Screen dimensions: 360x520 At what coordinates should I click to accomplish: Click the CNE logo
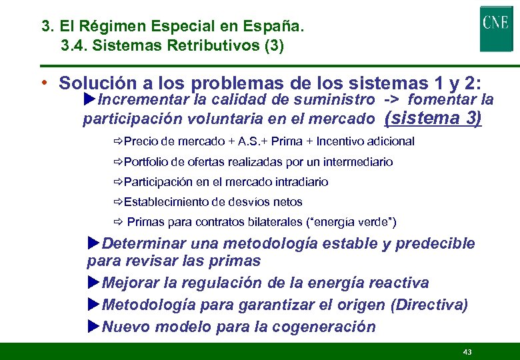tap(496, 29)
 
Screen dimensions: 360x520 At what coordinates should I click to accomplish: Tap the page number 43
tap(467, 351)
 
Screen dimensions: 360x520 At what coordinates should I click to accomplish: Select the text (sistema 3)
tap(433, 119)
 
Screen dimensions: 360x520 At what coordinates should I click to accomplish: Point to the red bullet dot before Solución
tap(43, 83)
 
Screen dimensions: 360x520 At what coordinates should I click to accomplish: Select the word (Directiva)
tap(429, 305)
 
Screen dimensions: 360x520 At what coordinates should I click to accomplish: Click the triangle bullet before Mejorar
tap(94, 283)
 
